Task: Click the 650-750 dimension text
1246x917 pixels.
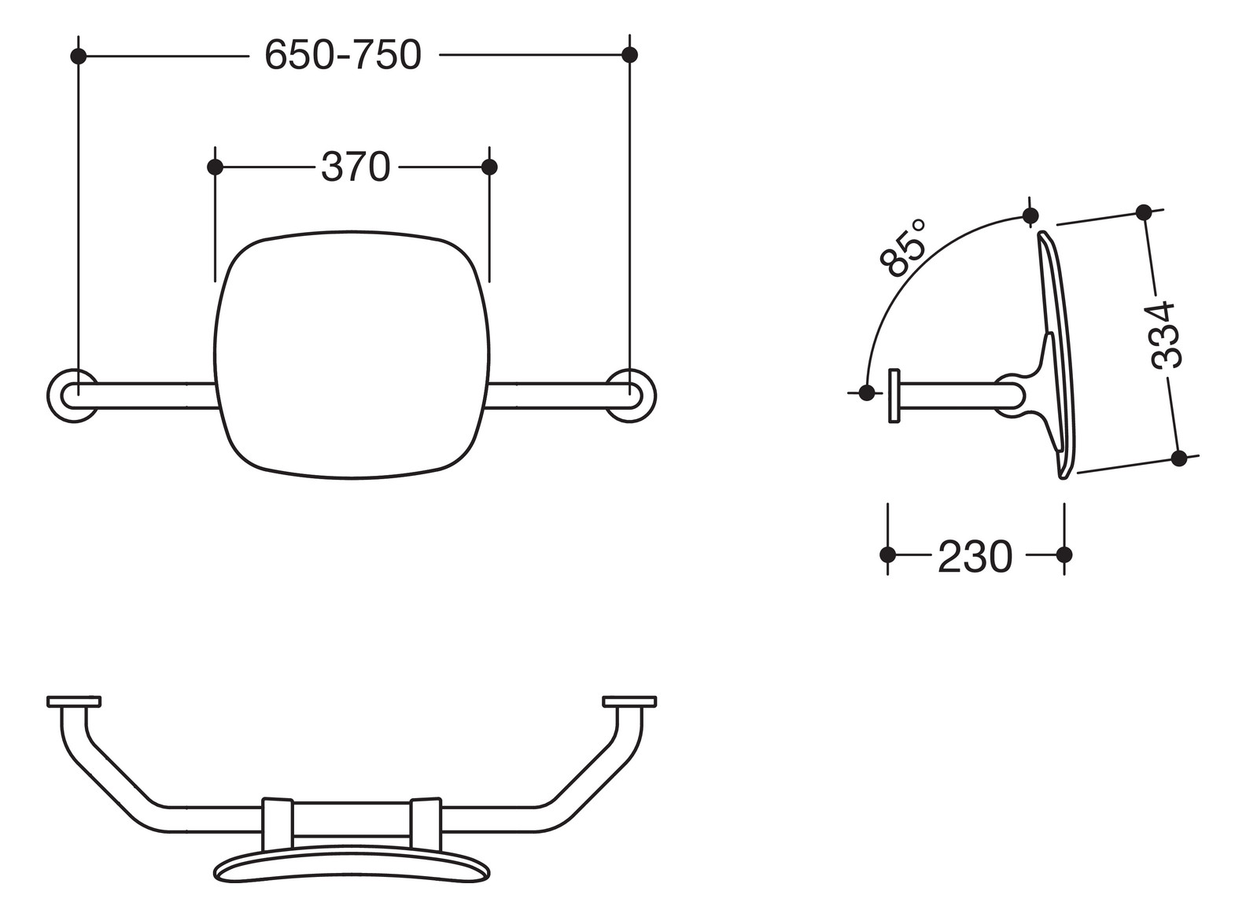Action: [343, 55]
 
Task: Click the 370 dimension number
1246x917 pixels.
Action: [356, 167]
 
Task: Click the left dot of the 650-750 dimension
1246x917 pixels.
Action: [78, 55]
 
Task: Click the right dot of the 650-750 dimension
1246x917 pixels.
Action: [629, 54]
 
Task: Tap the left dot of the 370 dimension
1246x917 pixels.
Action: [215, 167]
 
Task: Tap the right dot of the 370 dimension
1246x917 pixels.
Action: [489, 167]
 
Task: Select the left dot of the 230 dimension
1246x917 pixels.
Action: [888, 554]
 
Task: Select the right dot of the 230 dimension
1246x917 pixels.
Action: [1064, 554]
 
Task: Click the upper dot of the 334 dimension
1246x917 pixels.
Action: [1144, 212]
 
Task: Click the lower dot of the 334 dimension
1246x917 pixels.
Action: [1178, 458]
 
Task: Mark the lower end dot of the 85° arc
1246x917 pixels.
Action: [867, 392]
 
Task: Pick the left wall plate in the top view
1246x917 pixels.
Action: [74, 701]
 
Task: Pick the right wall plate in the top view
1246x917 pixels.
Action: [629, 701]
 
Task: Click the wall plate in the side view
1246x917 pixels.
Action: [894, 396]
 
